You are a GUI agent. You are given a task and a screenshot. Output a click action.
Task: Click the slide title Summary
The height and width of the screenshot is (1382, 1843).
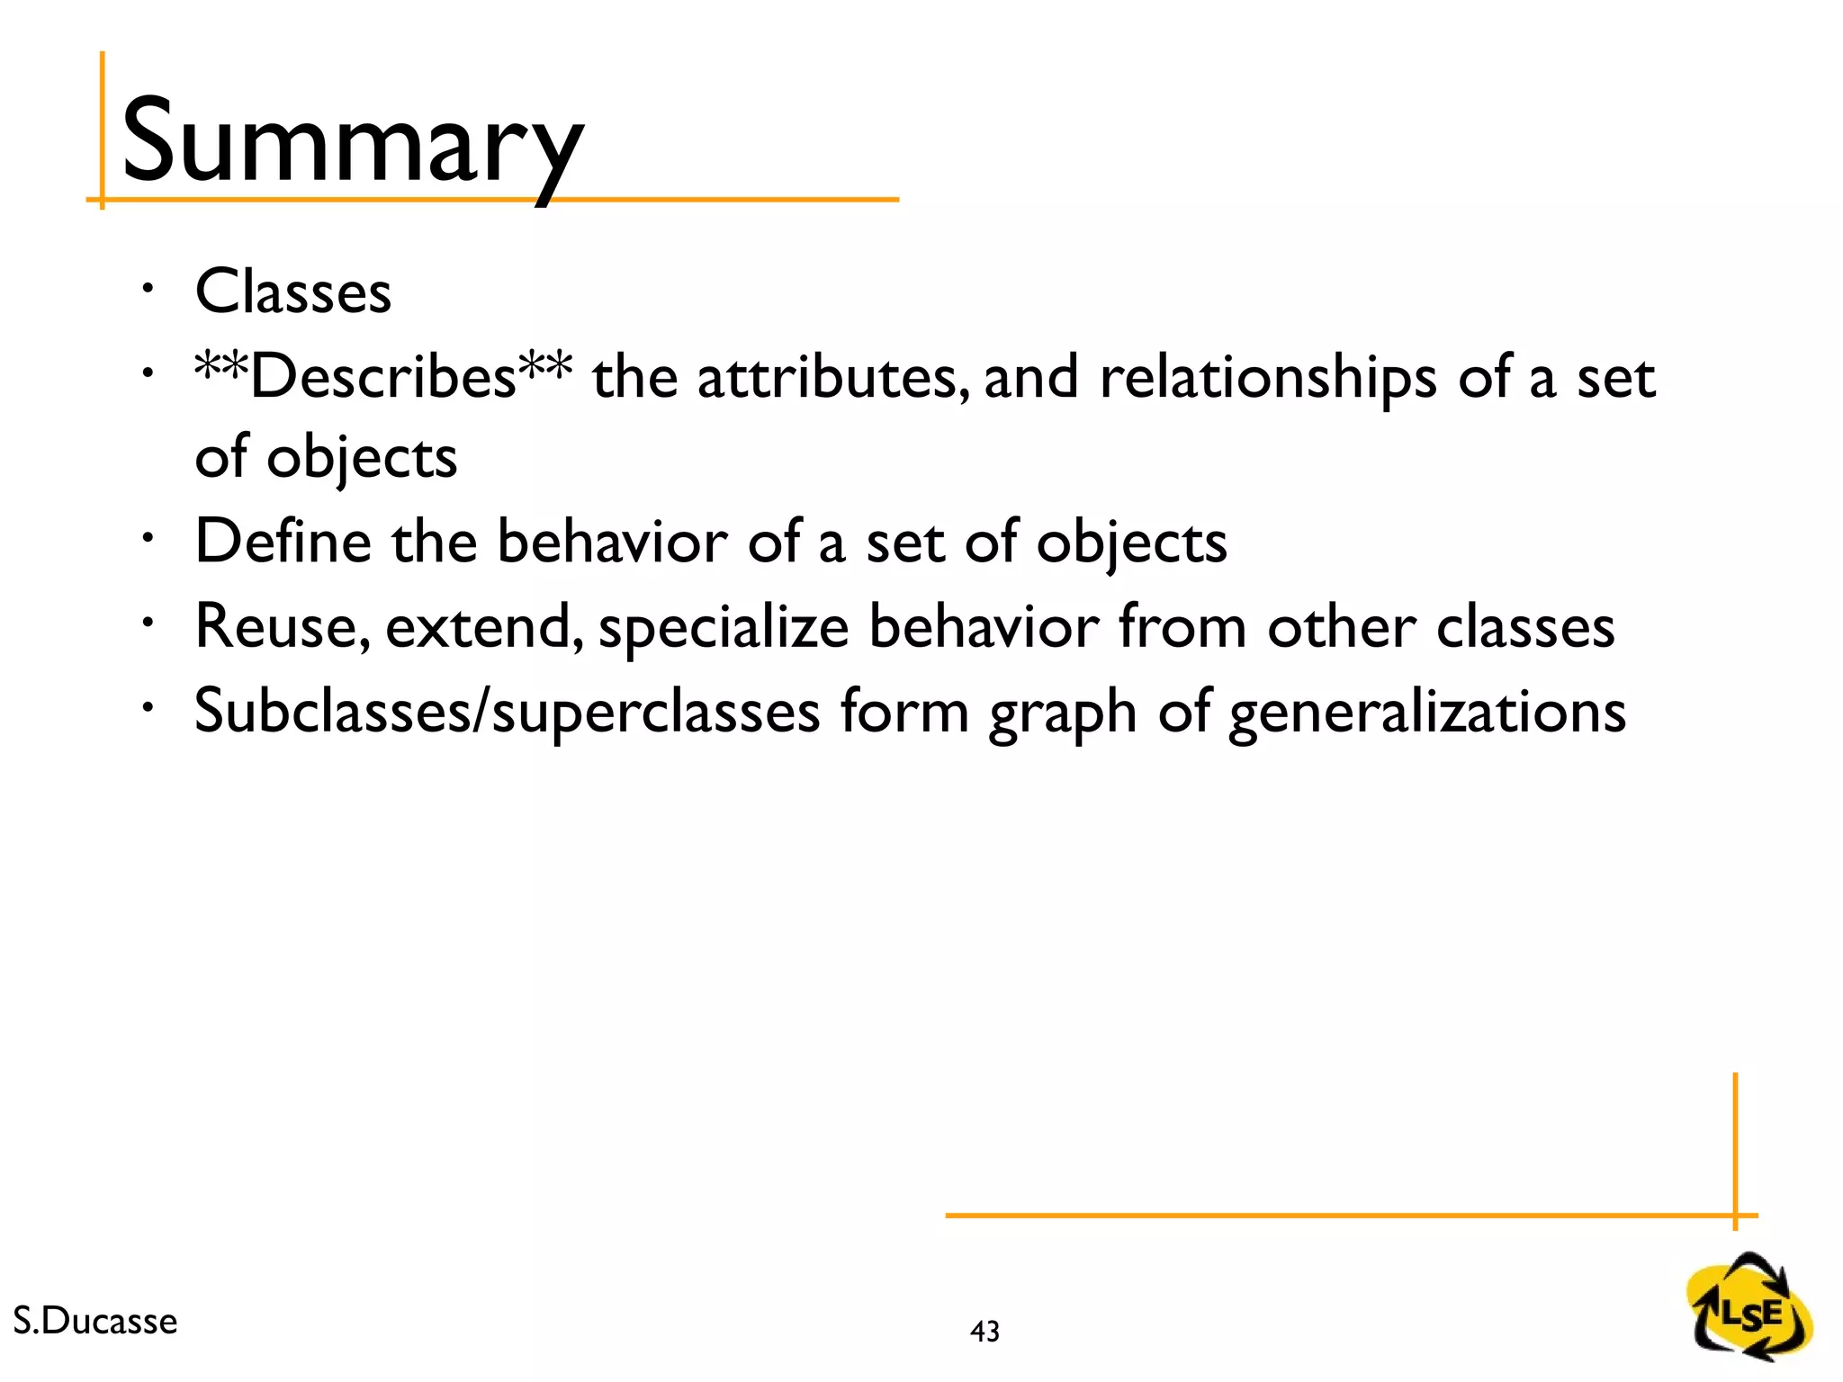click(353, 144)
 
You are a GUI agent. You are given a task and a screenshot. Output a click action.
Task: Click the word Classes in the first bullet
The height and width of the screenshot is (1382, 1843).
click(293, 292)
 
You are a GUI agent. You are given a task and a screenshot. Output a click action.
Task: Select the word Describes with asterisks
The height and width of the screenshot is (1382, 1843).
click(383, 376)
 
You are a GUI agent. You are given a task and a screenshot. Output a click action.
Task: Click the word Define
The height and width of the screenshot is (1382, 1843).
click(283, 542)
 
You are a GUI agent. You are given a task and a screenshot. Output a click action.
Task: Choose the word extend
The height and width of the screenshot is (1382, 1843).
click(484, 627)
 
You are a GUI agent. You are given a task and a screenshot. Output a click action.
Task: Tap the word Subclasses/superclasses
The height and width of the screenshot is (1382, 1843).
click(507, 712)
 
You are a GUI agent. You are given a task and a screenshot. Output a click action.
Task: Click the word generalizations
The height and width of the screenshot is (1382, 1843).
click(1427, 713)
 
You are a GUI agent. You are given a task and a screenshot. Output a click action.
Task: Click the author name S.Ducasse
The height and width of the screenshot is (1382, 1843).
click(95, 1321)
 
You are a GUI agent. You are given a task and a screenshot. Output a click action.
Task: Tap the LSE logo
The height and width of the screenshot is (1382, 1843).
click(1749, 1306)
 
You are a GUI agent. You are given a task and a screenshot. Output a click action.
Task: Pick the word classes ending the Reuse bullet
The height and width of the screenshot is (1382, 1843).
click(1524, 627)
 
